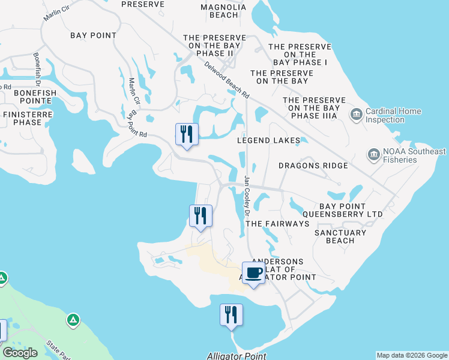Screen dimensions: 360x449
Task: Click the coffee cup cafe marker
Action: pyautogui.click(x=253, y=274)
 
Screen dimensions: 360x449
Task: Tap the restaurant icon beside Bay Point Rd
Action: pyautogui.click(x=186, y=134)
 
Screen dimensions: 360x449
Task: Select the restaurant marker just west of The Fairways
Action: pyautogui.click(x=200, y=216)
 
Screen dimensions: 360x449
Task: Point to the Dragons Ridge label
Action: pyautogui.click(x=313, y=166)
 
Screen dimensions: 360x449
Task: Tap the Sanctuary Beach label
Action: pyautogui.click(x=340, y=236)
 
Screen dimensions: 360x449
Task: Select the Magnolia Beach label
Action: pyautogui.click(x=223, y=10)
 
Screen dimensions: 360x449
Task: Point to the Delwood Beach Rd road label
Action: pyautogui.click(x=226, y=80)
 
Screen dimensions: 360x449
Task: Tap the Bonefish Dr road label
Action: pyautogui.click(x=37, y=68)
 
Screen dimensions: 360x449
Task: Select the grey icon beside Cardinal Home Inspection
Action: pyautogui.click(x=356, y=114)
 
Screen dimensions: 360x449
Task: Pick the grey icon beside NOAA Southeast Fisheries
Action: pyautogui.click(x=373, y=155)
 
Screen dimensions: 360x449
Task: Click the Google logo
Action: pyautogui.click(x=20, y=353)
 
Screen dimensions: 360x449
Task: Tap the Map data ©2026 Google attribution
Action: pyautogui.click(x=412, y=355)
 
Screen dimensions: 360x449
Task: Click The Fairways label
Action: pyautogui.click(x=277, y=223)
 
